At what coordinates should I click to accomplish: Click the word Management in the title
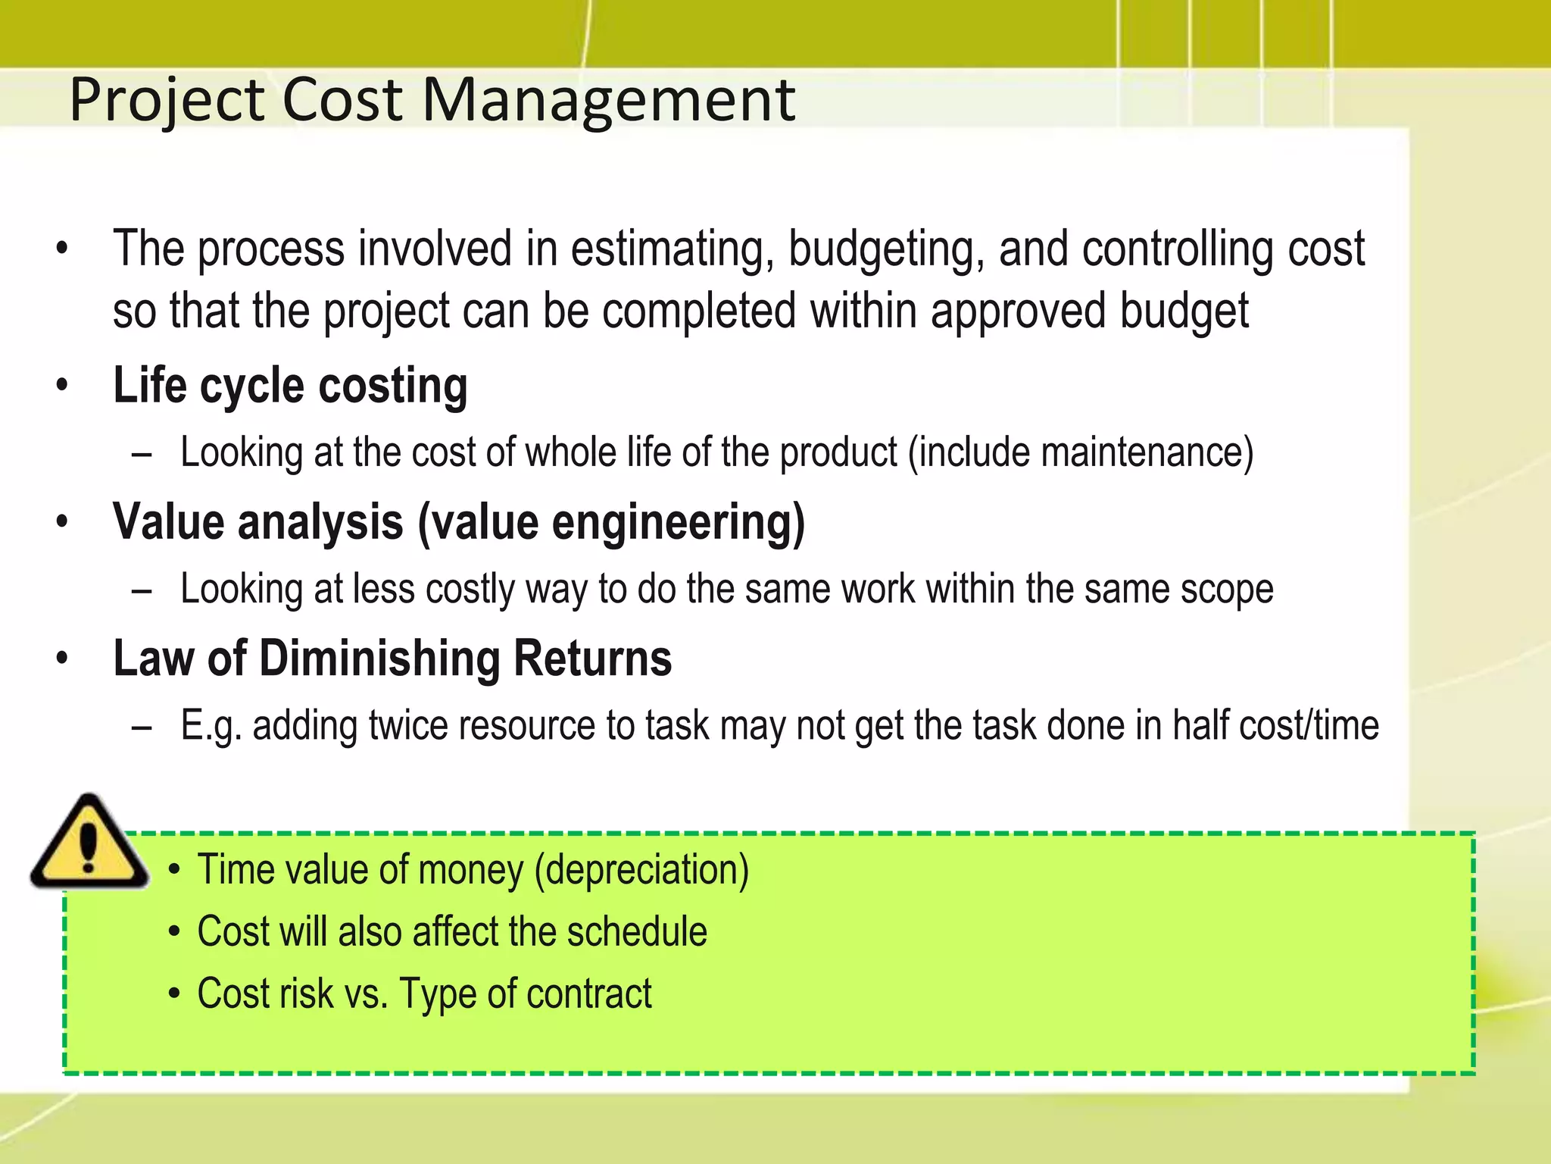608,100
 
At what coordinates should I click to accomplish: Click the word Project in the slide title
167,102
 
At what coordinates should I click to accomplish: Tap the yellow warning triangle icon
89,843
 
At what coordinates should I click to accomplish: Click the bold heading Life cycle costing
290,386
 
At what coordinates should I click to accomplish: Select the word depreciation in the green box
641,870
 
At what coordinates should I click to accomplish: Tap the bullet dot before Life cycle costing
62,385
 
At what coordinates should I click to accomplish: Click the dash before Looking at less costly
142,590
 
